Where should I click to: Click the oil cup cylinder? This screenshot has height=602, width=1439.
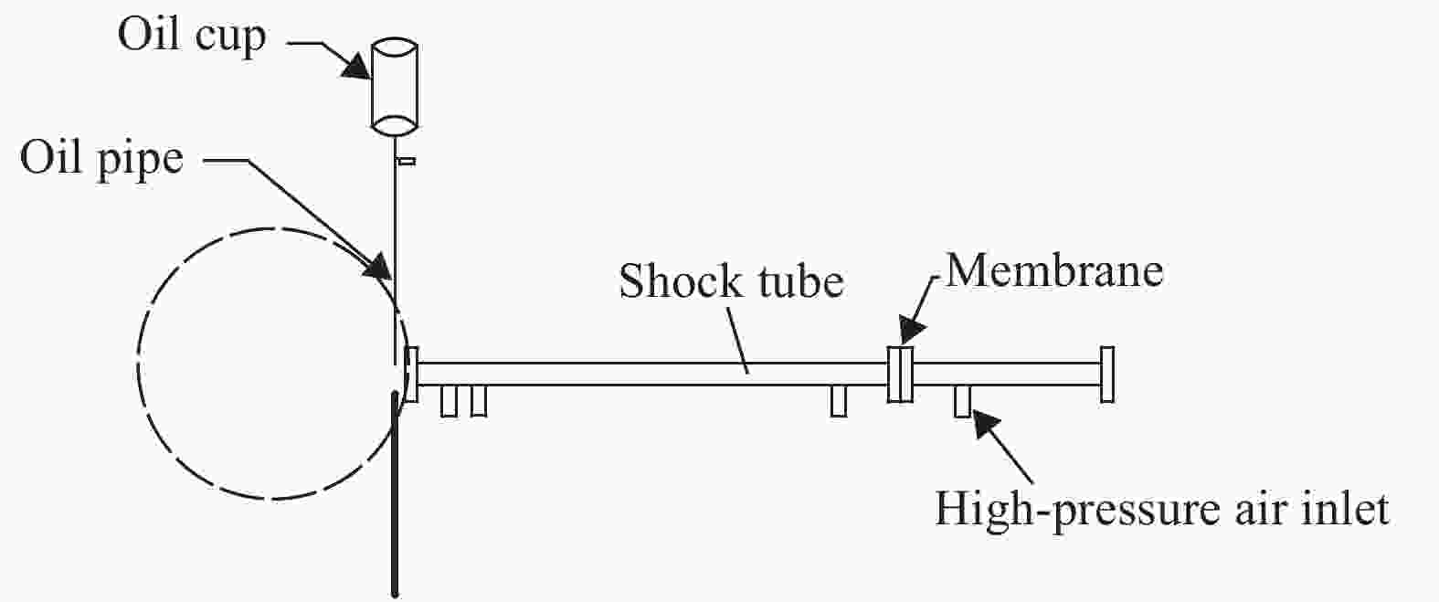tap(394, 86)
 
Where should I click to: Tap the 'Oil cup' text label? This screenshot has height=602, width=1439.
tap(192, 37)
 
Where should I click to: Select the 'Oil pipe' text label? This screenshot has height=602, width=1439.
tap(101, 158)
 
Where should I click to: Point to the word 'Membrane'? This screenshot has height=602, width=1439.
tap(1053, 270)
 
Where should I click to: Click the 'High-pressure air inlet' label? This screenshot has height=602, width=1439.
tap(1161, 508)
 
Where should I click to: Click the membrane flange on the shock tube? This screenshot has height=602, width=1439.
tap(900, 374)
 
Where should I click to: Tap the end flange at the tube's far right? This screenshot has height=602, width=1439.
tap(1107, 375)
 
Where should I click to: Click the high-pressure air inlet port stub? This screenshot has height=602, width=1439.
tap(962, 401)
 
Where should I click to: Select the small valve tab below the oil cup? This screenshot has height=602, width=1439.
tap(407, 162)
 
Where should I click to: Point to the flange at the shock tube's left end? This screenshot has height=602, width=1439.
tap(412, 374)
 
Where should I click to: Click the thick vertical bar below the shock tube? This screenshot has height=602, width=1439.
tap(396, 493)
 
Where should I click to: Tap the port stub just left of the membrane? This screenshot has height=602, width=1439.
tap(839, 401)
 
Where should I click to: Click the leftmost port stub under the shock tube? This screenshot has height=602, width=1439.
tap(449, 401)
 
